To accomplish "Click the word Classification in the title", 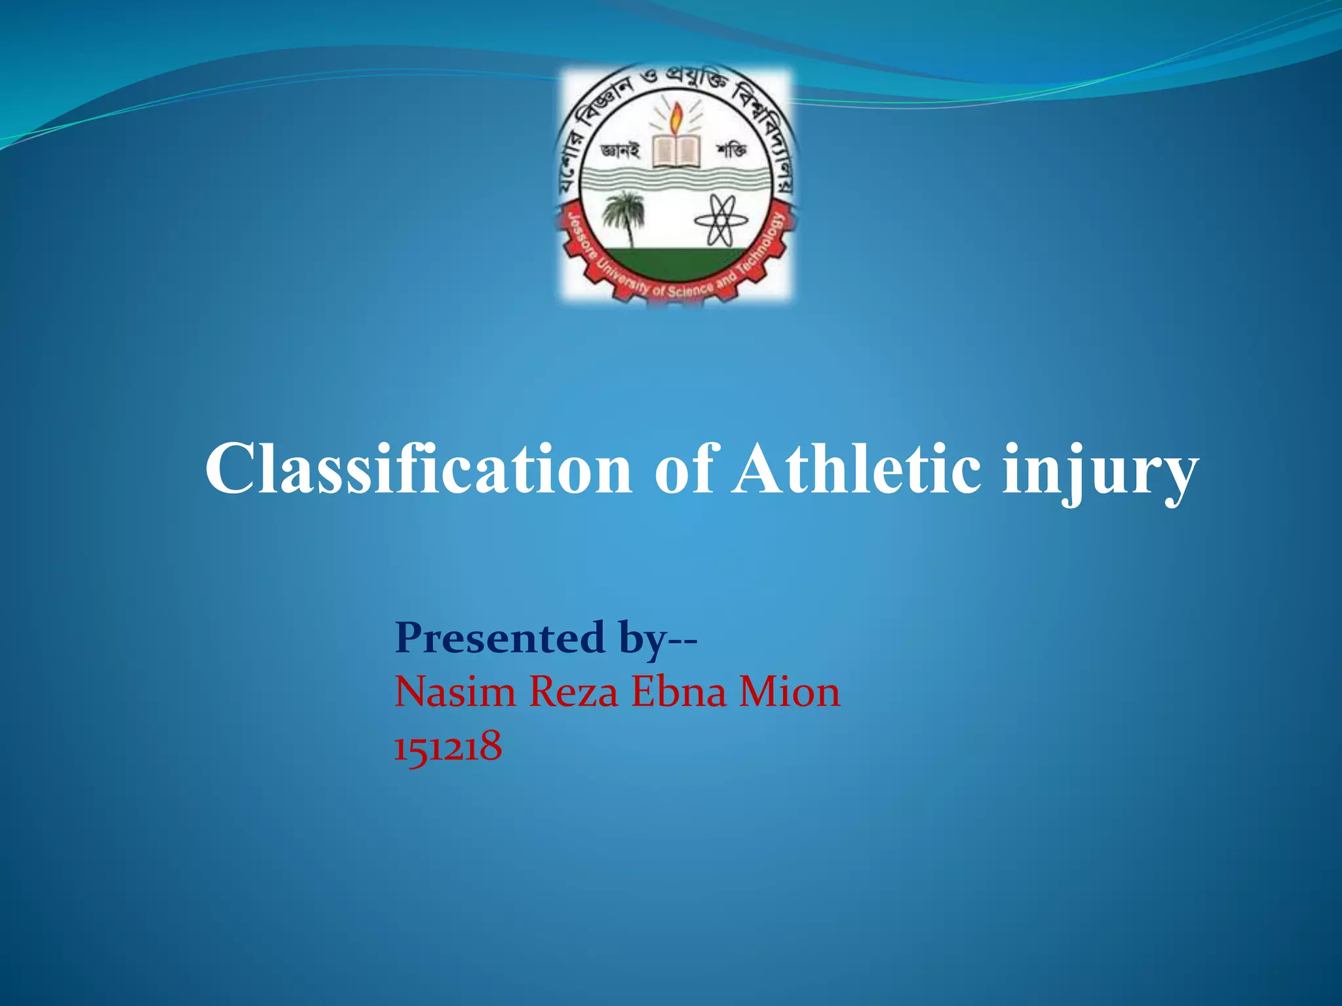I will point(418,469).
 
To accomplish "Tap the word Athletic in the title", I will point(856,469).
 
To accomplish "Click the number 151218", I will point(448,746).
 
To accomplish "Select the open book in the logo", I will point(676,152).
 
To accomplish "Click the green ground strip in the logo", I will point(675,262).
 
